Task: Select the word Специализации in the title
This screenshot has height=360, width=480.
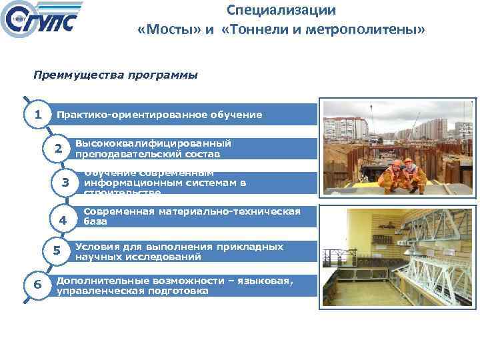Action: [281, 11]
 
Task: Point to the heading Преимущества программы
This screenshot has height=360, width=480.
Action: [115, 75]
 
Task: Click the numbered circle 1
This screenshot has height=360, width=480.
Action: [38, 114]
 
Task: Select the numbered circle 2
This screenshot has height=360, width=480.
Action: [59, 148]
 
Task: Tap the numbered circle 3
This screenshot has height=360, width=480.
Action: [65, 183]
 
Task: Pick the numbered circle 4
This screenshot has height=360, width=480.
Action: [63, 220]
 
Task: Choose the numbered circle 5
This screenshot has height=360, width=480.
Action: [57, 251]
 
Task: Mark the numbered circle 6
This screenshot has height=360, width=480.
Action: [37, 285]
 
